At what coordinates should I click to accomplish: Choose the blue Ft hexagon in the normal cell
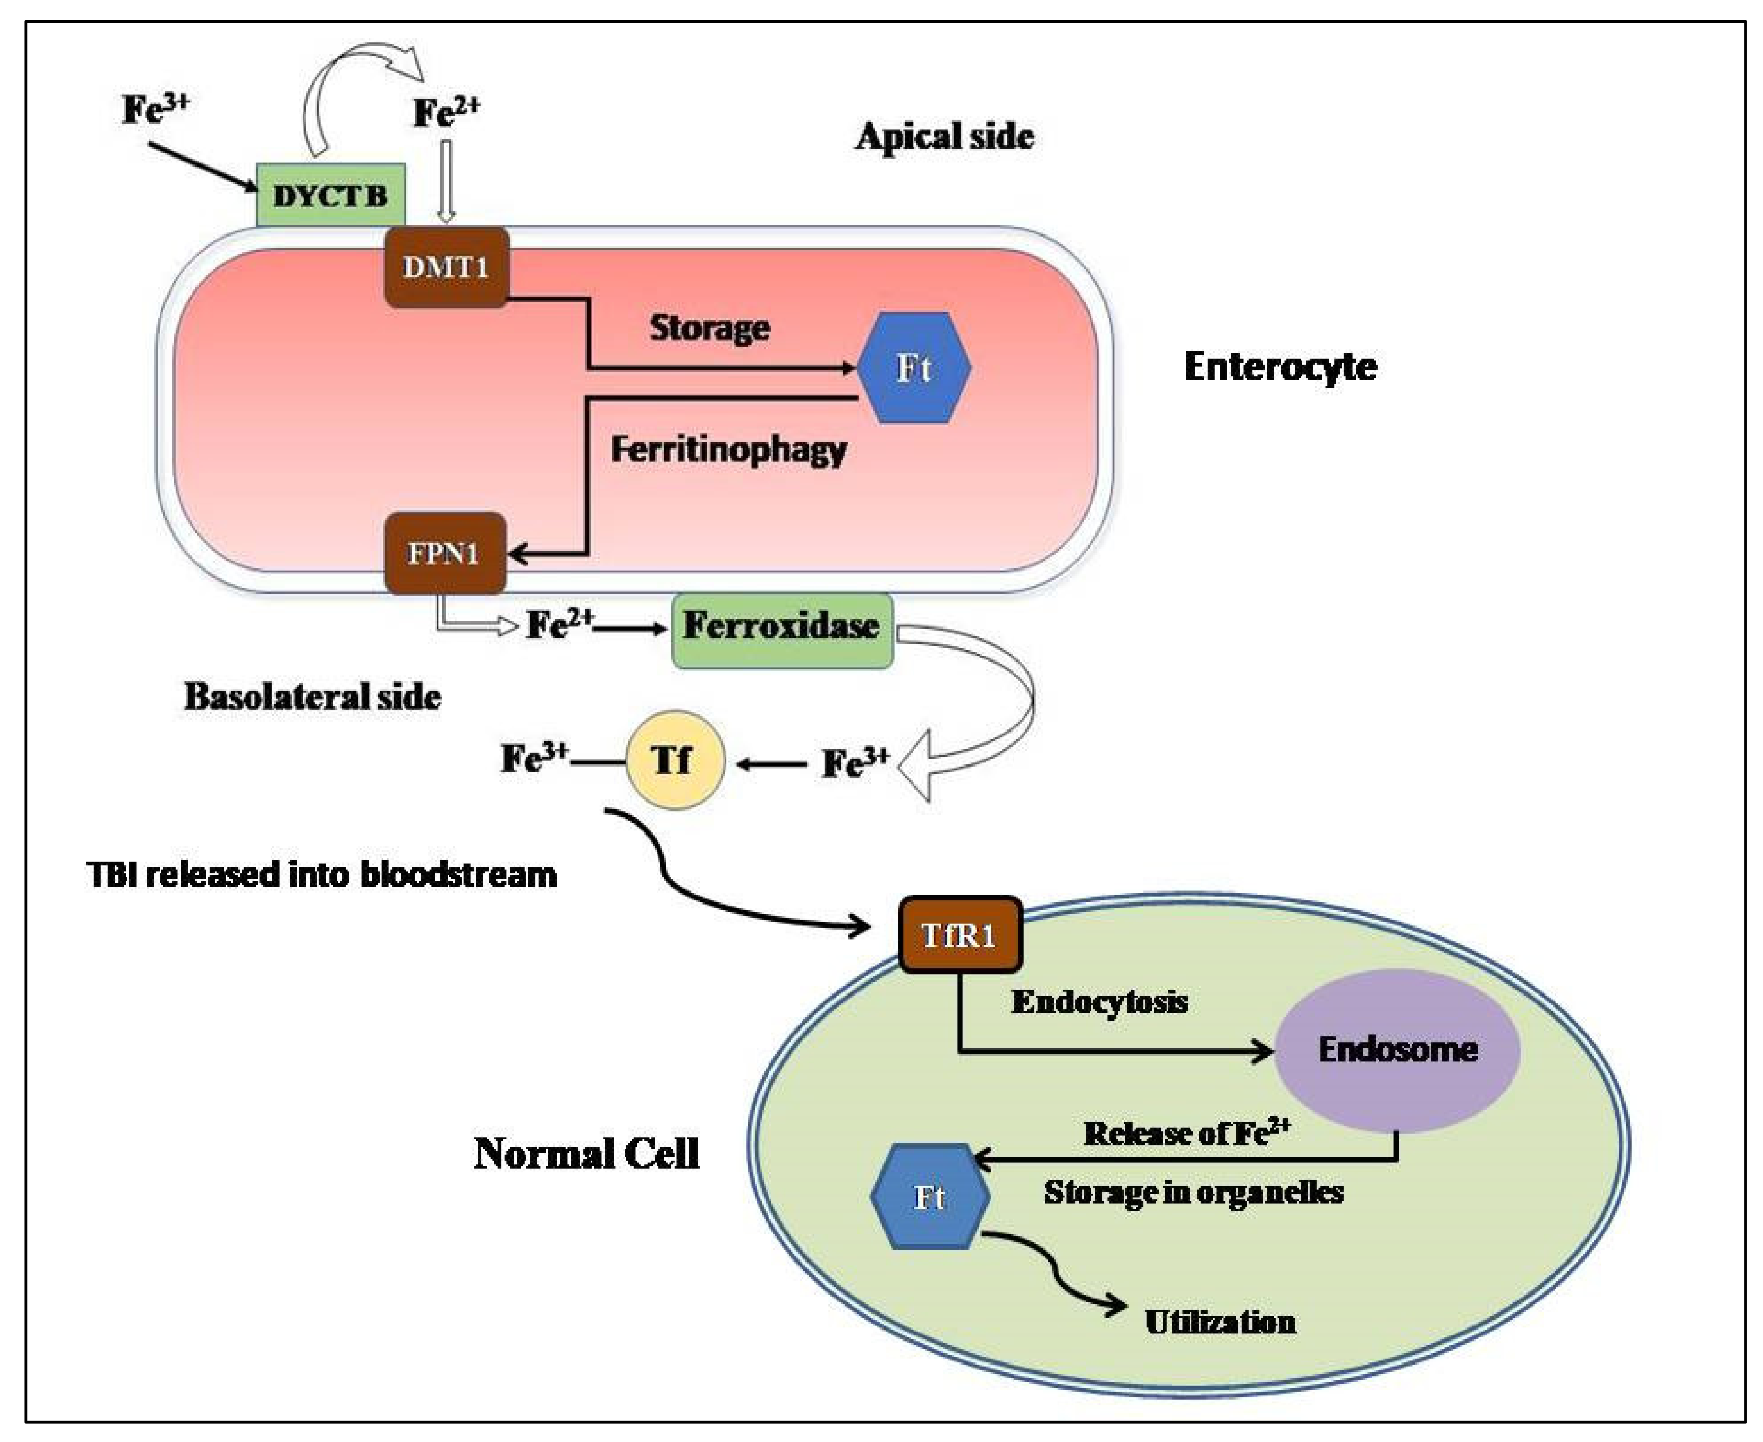929,1197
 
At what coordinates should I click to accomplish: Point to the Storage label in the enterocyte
710,327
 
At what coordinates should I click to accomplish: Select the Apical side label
945,136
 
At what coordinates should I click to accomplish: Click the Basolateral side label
312,696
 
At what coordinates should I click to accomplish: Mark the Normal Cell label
587,1153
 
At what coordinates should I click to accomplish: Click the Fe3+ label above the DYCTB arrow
155,109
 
